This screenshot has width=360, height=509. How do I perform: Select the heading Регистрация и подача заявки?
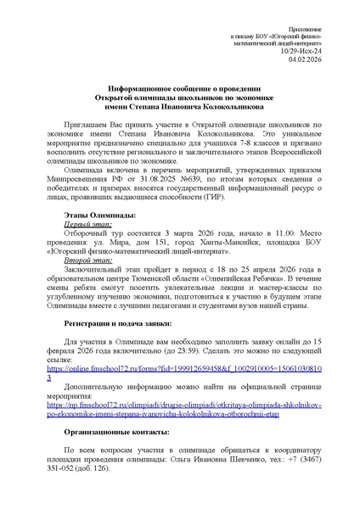pyautogui.click(x=118, y=323)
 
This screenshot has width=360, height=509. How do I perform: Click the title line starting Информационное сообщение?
pyautogui.click(x=179, y=89)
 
